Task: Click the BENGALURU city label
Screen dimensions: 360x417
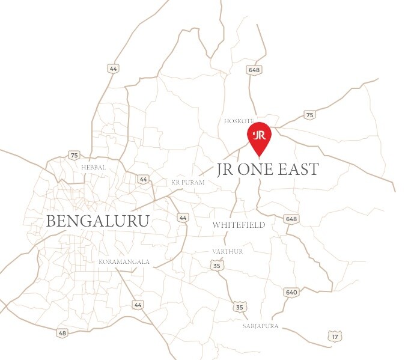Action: click(97, 221)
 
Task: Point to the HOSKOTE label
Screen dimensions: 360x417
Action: click(239, 121)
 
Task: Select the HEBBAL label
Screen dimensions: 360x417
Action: click(94, 167)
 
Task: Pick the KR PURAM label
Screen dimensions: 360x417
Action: click(188, 182)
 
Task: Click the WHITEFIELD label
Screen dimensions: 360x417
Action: click(239, 225)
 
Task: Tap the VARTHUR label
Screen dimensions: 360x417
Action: click(228, 251)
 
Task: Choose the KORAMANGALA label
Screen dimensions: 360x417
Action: click(124, 262)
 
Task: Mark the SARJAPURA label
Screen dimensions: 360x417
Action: click(261, 326)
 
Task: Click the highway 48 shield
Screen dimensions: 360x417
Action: click(62, 332)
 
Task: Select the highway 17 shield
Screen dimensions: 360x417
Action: click(335, 337)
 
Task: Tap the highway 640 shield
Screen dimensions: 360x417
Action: click(291, 292)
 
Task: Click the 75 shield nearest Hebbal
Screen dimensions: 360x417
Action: click(74, 155)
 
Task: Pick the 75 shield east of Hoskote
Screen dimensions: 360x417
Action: click(309, 115)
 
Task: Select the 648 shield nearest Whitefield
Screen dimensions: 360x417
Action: click(291, 219)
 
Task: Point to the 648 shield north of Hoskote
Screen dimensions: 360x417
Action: click(254, 70)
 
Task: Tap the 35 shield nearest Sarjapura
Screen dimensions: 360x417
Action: click(240, 307)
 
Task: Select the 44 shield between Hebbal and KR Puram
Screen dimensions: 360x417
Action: click(143, 179)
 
